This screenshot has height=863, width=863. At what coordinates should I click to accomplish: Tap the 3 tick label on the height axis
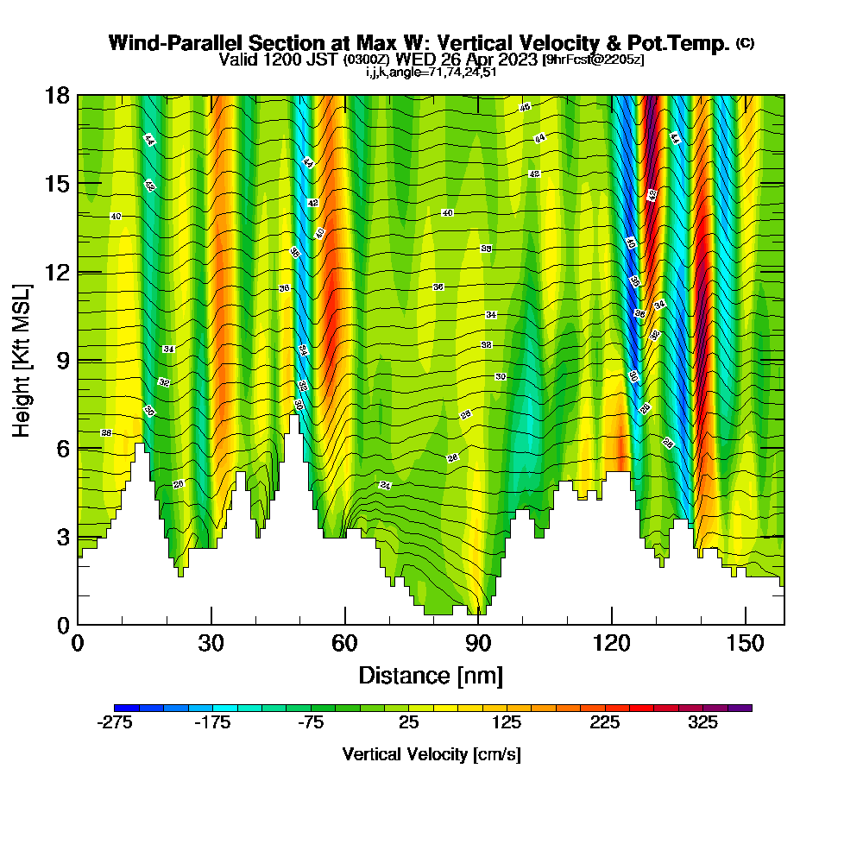[63, 537]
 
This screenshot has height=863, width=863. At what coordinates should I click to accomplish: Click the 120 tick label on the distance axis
[611, 643]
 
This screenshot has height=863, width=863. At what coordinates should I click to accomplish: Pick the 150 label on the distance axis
[744, 643]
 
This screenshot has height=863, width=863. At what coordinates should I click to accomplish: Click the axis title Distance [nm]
[431, 674]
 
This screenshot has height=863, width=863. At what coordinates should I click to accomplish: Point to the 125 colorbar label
[507, 723]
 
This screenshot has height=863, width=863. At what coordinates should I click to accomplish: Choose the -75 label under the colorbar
[311, 723]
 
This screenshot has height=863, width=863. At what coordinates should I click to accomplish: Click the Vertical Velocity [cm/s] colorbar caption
[431, 754]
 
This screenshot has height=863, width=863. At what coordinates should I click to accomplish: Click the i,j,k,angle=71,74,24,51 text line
[431, 72]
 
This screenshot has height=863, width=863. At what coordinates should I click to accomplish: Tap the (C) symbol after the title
[745, 43]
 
